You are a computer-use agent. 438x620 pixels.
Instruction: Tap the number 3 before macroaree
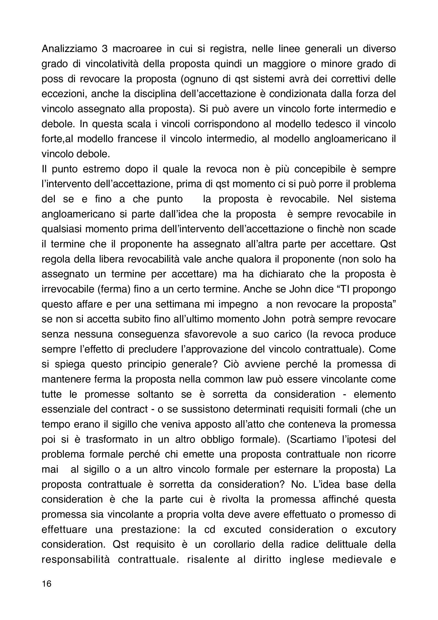pos(105,49)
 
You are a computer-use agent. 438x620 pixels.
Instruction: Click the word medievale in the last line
pos(357,560)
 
